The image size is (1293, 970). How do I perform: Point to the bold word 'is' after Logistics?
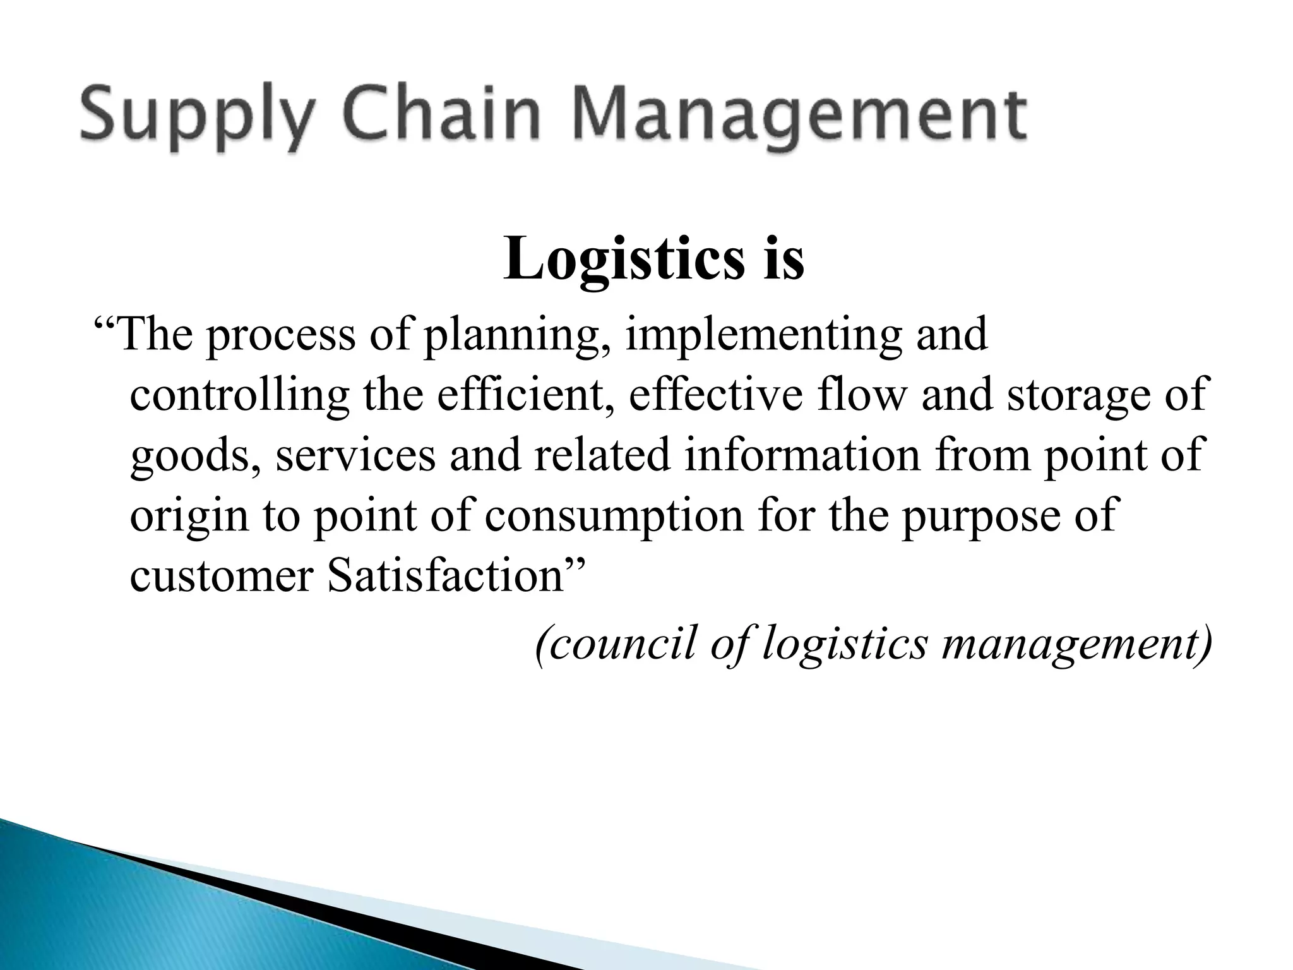coord(784,259)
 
